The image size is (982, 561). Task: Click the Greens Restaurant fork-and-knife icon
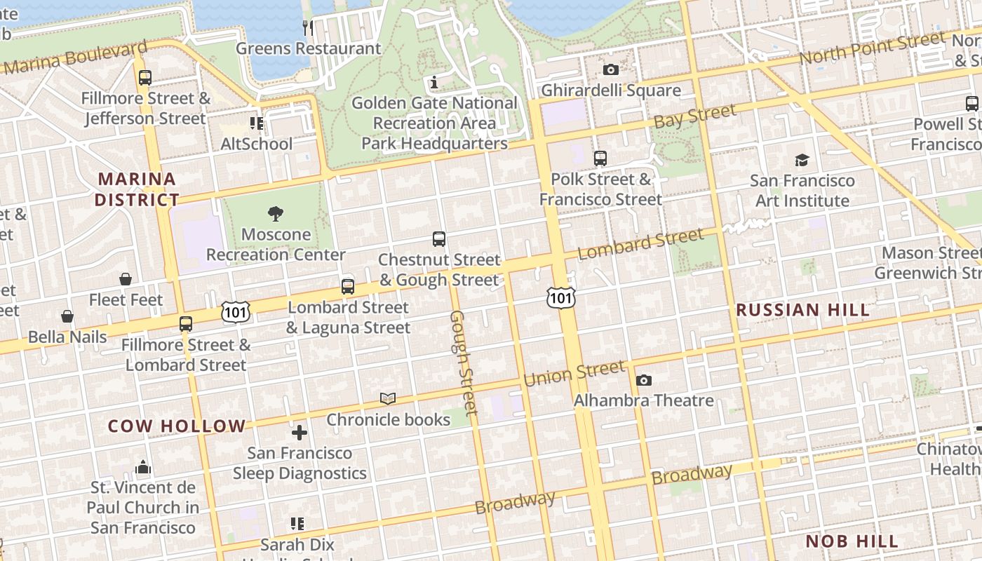(x=308, y=28)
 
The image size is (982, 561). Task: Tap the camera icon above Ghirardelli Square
(x=611, y=69)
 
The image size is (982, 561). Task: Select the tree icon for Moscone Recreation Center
(x=276, y=214)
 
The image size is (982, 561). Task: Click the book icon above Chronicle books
(x=388, y=399)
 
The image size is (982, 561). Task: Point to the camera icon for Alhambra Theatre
(x=643, y=380)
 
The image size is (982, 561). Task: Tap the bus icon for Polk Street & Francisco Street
(x=600, y=158)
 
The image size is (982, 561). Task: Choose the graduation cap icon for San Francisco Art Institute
(x=802, y=160)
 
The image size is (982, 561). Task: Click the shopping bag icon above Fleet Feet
(x=126, y=279)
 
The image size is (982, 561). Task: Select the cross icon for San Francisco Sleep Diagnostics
(x=300, y=433)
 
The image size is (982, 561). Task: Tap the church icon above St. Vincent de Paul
(x=143, y=467)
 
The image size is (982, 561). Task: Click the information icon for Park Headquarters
(x=434, y=82)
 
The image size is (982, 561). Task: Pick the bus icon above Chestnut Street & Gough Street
(x=439, y=239)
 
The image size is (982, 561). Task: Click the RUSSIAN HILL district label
(x=802, y=310)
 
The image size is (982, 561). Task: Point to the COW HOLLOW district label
(x=177, y=426)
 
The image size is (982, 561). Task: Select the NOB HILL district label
(x=852, y=541)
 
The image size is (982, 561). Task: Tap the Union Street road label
(x=574, y=374)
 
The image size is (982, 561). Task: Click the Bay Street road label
(x=694, y=116)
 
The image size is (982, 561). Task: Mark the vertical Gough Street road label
(x=463, y=363)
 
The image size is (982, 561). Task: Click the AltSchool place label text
(x=257, y=144)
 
